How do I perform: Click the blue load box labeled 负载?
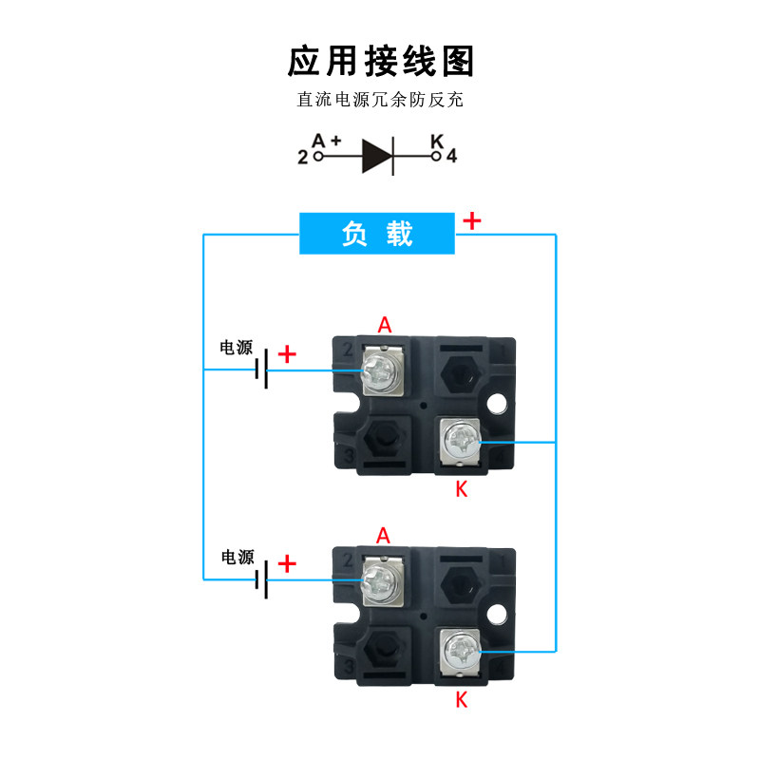376,233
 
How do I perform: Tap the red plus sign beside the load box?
471,221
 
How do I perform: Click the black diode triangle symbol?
377,156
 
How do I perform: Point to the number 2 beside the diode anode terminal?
303,157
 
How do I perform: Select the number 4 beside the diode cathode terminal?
451,156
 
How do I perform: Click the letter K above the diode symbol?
437,141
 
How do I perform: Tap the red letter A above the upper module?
385,325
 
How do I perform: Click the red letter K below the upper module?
462,489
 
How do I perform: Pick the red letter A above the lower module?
383,536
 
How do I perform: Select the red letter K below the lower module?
462,700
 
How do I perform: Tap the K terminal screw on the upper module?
460,440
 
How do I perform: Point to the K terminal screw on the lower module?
460,650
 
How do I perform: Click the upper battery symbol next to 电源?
261,370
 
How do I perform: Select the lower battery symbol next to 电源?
261,579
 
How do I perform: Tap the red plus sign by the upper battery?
287,353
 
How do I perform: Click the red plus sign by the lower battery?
287,563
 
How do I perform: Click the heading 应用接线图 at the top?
381,61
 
